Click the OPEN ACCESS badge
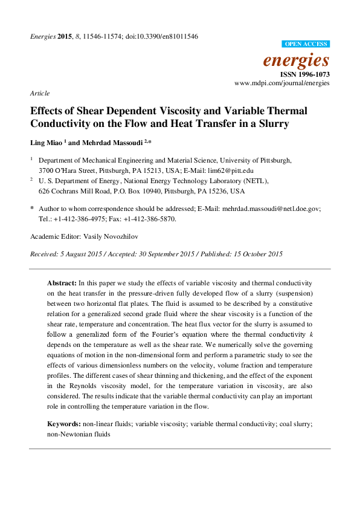click(x=306, y=44)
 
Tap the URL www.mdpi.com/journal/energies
click(x=281, y=82)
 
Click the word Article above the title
click(x=39, y=94)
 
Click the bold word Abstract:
click(x=62, y=283)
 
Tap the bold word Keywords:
click(x=64, y=424)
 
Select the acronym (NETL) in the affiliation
click(x=252, y=181)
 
